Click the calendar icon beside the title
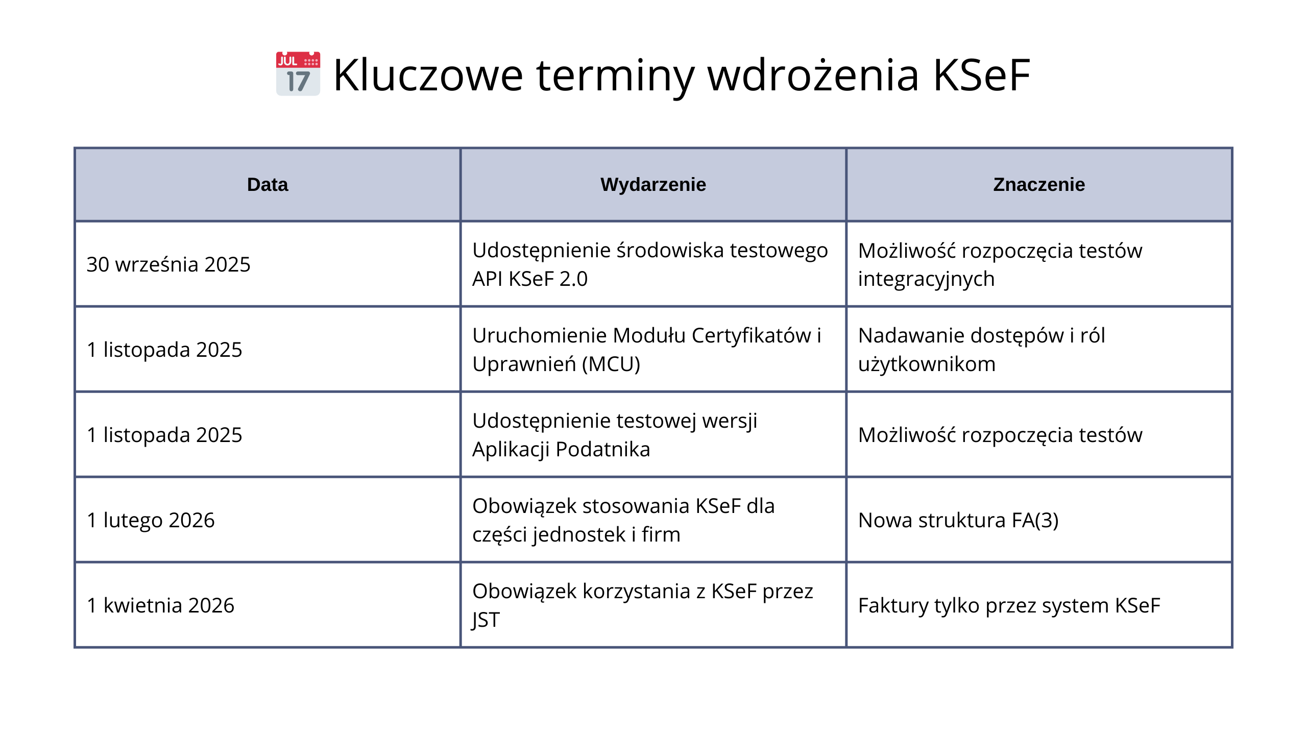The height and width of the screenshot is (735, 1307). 298,73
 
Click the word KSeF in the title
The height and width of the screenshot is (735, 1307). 982,75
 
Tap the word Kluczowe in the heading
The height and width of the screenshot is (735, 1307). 428,75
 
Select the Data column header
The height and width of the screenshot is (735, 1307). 268,184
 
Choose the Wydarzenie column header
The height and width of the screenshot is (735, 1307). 653,184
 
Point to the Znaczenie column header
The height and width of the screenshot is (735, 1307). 1039,184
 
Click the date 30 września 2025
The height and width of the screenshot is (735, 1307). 168,264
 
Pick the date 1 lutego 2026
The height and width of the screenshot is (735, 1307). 151,520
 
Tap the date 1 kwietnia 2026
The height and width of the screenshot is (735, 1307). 160,605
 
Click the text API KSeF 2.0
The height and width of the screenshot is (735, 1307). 530,279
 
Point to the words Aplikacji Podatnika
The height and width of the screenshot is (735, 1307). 561,449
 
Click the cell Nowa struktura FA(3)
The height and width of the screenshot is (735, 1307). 958,520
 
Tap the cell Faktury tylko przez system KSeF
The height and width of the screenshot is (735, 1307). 1009,605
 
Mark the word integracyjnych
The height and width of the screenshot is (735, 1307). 926,279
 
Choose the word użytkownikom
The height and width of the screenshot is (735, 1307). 927,364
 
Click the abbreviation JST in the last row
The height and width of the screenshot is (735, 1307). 486,620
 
